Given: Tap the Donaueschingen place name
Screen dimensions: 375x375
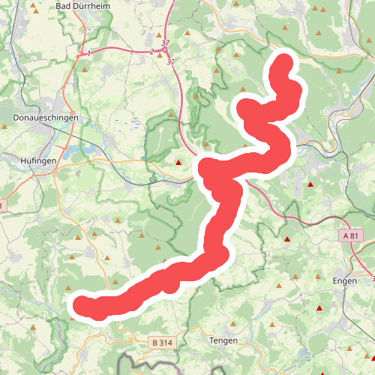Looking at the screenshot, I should tap(42, 118).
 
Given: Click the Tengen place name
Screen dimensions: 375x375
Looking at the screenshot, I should tap(224, 340).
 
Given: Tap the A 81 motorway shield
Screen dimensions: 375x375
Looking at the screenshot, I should tap(352, 235).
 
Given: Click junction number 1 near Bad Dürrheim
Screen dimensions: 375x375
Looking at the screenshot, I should tap(88, 53).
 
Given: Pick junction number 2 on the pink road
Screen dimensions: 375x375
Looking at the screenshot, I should tap(151, 52).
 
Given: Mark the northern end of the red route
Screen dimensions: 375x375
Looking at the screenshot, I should tap(285, 62).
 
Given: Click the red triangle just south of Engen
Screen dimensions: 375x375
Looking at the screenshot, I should tap(320, 308).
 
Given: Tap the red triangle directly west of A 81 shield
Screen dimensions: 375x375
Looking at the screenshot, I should tap(286, 240).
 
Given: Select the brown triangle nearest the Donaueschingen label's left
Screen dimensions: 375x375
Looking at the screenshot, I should tap(5, 127).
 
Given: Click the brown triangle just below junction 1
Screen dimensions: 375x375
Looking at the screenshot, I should tap(85, 70).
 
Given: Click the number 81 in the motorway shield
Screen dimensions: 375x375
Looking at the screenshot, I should tap(355, 235).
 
